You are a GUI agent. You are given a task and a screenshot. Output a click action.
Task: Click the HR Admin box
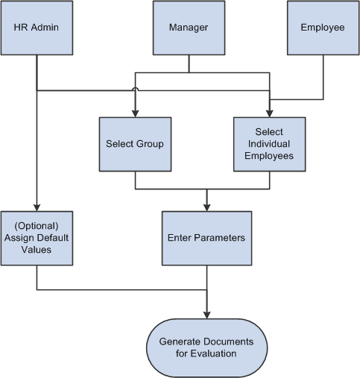coord(37,28)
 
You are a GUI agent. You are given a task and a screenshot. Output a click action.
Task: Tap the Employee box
coord(323,28)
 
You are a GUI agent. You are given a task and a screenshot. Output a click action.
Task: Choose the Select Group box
coord(135,144)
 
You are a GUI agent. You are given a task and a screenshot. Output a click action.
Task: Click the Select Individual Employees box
coord(269,144)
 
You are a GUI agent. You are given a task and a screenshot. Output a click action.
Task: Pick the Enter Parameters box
coord(206,239)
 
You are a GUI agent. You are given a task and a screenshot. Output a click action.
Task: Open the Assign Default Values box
coord(37,239)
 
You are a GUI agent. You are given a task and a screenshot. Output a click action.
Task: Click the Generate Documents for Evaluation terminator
coord(206,347)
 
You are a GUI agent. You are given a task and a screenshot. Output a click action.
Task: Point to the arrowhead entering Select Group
coord(135,113)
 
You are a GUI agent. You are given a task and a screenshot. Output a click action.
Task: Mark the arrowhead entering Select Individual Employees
coord(269,113)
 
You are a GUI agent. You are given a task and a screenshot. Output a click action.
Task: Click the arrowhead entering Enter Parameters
coord(206,207)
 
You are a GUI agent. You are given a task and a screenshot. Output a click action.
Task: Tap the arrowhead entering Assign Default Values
coord(37,207)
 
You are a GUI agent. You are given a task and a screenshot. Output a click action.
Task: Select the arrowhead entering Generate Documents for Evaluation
coord(206,314)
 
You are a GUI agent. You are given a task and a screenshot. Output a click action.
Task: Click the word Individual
coord(269,144)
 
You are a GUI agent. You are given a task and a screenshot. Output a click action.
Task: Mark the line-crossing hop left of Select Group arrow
coord(135,91)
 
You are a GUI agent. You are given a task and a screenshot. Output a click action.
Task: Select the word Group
coord(149,144)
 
